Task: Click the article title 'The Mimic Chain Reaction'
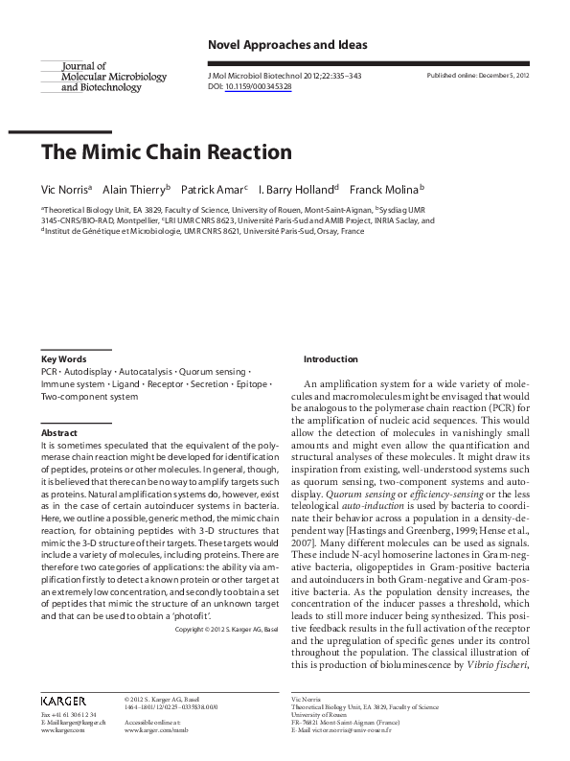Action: [x=166, y=152]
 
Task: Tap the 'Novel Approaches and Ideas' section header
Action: [x=287, y=45]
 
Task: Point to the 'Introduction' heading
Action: [x=331, y=359]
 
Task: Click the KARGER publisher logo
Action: [x=64, y=702]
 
